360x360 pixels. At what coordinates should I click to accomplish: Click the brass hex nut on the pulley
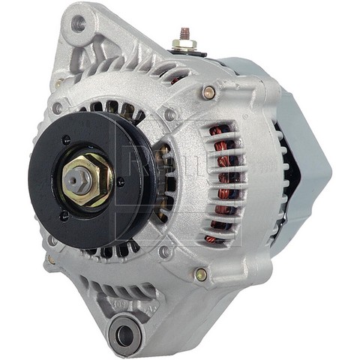click(x=87, y=181)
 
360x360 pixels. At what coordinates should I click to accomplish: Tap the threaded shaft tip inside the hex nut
click(x=78, y=178)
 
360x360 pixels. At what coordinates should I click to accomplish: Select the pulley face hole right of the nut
click(x=121, y=181)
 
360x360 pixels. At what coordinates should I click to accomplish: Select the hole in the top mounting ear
click(x=78, y=23)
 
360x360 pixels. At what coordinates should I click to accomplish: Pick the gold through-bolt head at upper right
click(x=208, y=93)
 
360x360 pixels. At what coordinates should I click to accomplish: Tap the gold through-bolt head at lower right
click(x=200, y=274)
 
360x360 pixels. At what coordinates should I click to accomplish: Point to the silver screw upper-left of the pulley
click(x=57, y=108)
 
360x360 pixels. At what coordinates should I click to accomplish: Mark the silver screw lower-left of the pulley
click(x=52, y=241)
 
